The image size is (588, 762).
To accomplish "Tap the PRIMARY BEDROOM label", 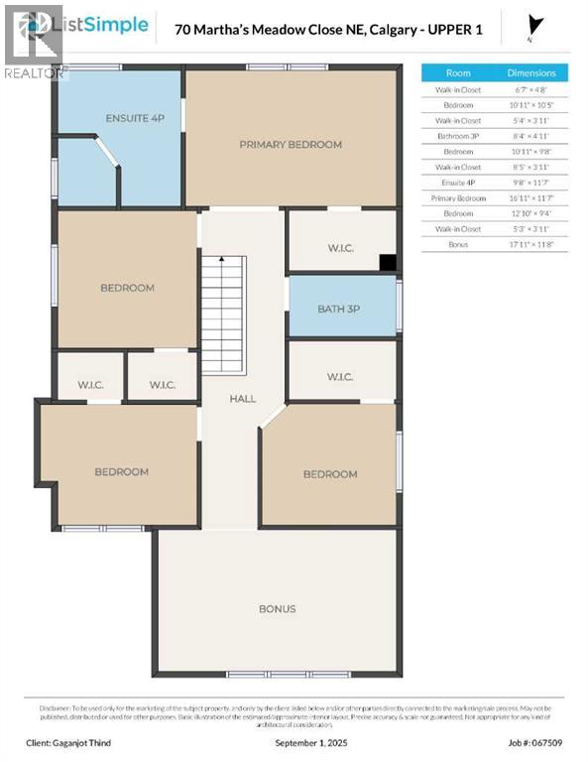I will coord(291,144).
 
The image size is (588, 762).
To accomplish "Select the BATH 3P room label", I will coord(338,309).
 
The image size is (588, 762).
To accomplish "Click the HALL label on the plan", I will coord(242,398).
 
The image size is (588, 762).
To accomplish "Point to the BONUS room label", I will coord(277,608).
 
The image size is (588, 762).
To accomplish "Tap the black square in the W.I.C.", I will coord(389,263).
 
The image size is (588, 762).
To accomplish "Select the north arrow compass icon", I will coord(536,27).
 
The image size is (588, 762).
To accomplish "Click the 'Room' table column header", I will coord(458,72).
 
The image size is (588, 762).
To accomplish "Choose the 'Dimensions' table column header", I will coord(531,72).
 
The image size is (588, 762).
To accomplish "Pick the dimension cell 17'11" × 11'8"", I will coord(531,244).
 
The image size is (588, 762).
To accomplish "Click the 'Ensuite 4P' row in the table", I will coord(458,183).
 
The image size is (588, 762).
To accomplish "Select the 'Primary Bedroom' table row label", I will coord(458,197).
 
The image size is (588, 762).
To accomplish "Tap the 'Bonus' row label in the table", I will coord(458,244).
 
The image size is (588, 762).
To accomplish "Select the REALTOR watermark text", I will coord(35,71).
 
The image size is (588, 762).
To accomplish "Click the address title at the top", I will coord(328,30).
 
